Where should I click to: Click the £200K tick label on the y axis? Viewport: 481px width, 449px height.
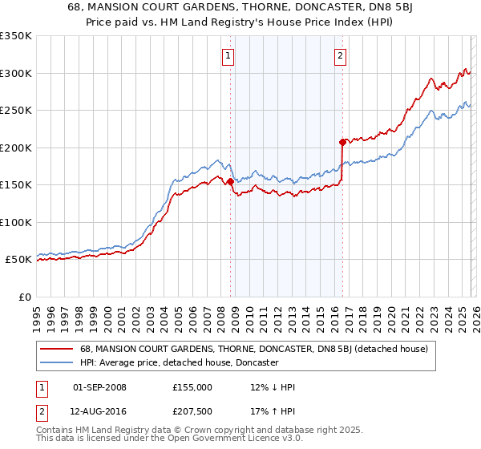(x=15, y=148)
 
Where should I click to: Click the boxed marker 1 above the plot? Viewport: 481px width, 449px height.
(x=228, y=55)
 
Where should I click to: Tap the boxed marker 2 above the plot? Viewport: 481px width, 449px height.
(x=341, y=55)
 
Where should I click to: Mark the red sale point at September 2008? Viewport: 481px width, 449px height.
(x=230, y=181)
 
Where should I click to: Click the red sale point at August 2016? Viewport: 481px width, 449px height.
(x=342, y=142)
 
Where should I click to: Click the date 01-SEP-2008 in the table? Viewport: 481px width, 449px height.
(x=99, y=387)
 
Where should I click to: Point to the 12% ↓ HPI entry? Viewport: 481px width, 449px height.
(x=273, y=387)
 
